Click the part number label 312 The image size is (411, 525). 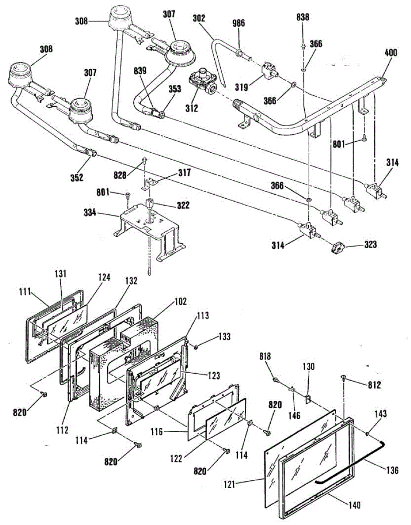point(192,108)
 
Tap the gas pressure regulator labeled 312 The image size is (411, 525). point(203,81)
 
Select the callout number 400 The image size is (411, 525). point(390,52)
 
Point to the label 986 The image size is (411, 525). point(238,23)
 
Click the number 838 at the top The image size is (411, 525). point(303,17)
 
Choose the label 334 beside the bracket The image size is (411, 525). point(90,213)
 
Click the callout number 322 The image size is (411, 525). point(183,205)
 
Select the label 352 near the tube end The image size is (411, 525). point(77,178)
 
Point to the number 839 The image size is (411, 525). point(140,71)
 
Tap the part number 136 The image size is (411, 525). point(392,470)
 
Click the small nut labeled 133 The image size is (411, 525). point(196,347)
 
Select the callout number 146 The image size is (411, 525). point(294,415)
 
